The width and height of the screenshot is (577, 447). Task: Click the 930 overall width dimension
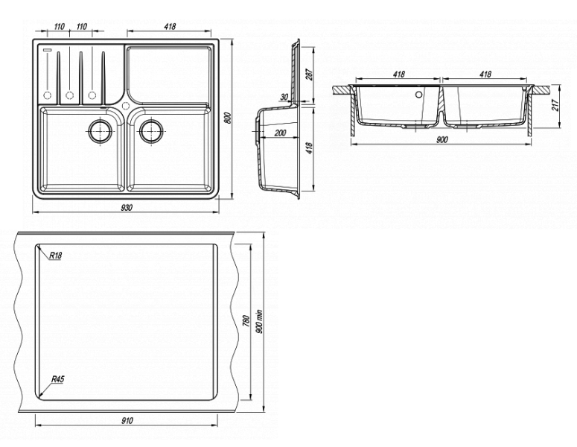[x=127, y=208]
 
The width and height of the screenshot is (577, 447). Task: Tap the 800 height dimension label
[x=228, y=117]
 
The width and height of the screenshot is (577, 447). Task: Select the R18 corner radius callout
[x=56, y=255]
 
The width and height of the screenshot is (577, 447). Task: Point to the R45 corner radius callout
[x=58, y=379]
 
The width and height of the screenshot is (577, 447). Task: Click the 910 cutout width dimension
[x=127, y=420]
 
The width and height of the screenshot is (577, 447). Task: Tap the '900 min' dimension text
[x=258, y=321]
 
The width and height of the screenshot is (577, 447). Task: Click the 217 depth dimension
[x=555, y=105]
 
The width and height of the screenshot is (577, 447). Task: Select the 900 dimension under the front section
[x=441, y=139]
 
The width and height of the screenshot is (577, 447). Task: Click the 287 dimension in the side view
[x=309, y=74]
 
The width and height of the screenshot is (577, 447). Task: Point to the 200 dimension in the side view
[x=281, y=133]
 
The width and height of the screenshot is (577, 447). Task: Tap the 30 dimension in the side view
[x=284, y=97]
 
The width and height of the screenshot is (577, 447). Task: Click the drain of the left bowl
[x=100, y=130]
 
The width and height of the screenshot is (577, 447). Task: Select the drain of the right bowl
[x=151, y=130]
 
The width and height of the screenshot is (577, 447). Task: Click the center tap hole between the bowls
[x=126, y=106]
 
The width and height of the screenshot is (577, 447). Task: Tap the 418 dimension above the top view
[x=170, y=27]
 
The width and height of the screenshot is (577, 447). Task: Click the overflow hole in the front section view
[x=418, y=95]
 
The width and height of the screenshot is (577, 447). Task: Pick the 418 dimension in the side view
[x=309, y=148]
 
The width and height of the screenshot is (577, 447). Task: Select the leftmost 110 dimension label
[x=60, y=27]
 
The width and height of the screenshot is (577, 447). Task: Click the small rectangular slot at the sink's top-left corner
[x=48, y=49]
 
